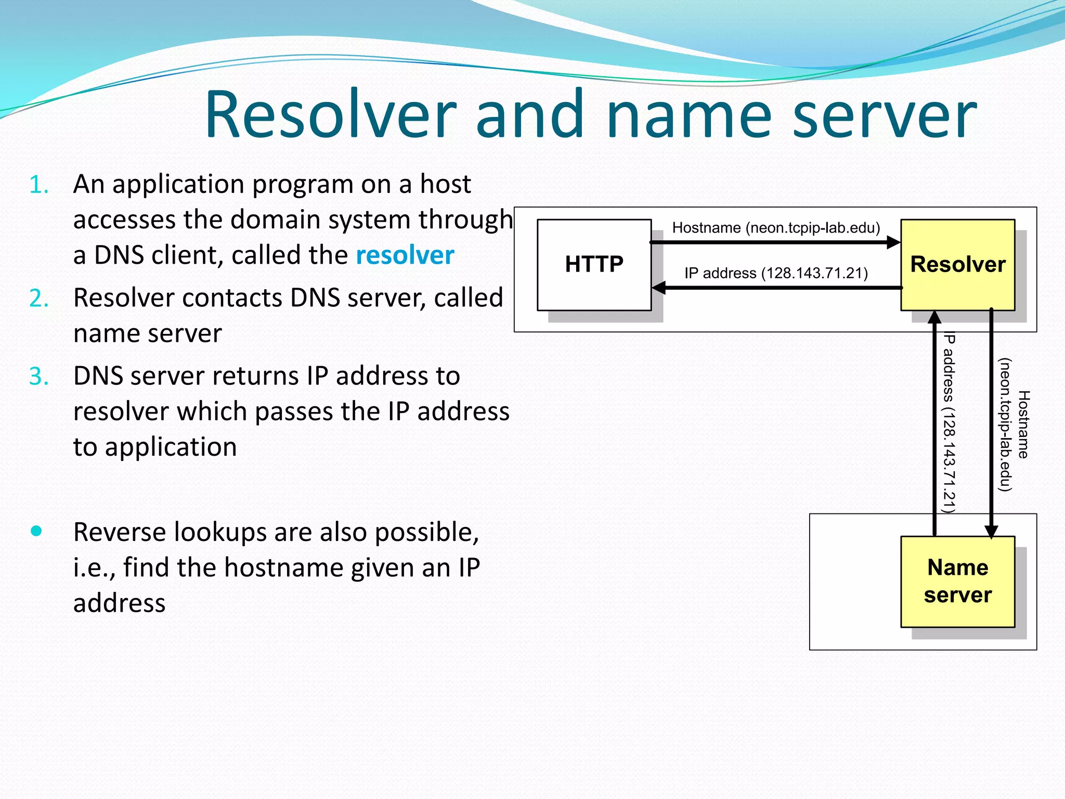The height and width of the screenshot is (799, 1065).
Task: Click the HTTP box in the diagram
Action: point(594,264)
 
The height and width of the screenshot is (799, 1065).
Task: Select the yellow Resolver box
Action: point(957,264)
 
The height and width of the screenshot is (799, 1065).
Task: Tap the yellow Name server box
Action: point(957,581)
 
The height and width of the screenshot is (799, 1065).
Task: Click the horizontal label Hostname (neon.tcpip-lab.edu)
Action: point(776,228)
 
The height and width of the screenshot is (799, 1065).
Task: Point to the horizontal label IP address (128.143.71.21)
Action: point(776,273)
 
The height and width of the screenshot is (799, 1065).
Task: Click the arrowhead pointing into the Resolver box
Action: point(893,242)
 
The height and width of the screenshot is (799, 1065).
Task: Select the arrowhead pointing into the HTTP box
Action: point(659,288)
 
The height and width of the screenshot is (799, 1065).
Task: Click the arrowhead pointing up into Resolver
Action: point(935,317)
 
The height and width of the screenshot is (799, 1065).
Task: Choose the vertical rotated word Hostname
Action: point(1023,424)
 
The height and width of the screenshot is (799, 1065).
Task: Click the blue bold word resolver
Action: point(405,255)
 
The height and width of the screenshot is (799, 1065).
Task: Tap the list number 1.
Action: point(39,185)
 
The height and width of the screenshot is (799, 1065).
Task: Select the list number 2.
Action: point(39,299)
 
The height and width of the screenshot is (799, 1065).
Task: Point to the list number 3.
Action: point(39,376)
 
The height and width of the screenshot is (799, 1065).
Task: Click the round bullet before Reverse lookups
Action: point(36,531)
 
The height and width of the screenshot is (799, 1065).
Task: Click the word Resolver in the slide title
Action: point(331,114)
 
